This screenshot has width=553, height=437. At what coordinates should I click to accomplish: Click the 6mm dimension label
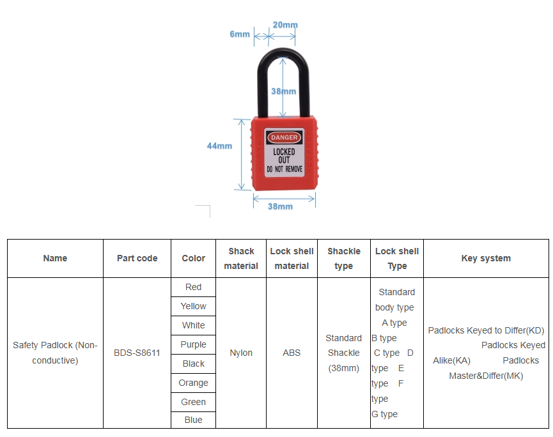(240, 34)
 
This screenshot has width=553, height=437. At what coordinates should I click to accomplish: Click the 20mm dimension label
(285, 25)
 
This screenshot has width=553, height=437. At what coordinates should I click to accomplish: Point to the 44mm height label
(219, 146)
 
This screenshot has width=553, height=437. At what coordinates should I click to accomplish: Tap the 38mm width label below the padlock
(280, 206)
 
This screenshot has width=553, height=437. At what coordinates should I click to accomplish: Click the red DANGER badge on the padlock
(284, 137)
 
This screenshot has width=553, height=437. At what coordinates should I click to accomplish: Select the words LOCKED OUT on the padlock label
(284, 156)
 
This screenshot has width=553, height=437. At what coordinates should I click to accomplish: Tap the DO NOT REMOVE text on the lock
(284, 169)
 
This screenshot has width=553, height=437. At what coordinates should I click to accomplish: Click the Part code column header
(137, 258)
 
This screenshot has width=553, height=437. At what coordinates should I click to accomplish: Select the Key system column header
(486, 258)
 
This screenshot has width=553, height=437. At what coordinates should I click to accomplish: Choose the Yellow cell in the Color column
(193, 306)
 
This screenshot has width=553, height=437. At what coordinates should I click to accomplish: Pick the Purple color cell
(193, 344)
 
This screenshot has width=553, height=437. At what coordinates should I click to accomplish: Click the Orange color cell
(193, 383)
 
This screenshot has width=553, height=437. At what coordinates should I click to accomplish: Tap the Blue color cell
(193, 420)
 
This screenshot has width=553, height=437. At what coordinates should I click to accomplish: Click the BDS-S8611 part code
(137, 353)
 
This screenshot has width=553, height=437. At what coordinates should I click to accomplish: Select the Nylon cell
(241, 353)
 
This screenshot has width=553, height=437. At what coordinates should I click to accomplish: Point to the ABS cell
(292, 353)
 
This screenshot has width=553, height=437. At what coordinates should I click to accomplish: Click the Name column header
(55, 258)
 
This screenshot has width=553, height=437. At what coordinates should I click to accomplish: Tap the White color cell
(193, 325)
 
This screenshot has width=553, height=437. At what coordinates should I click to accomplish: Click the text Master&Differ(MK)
(486, 376)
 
